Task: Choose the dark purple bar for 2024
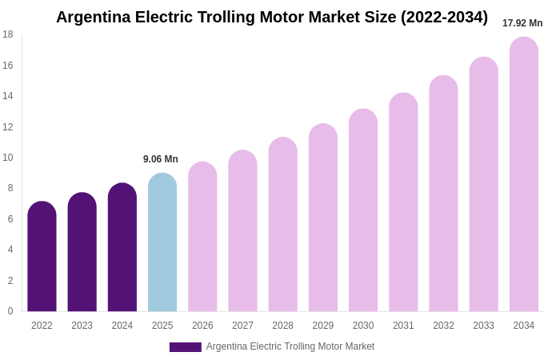click(x=122, y=247)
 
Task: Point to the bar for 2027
click(x=242, y=231)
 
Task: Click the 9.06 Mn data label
click(x=161, y=159)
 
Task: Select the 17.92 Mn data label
click(x=522, y=23)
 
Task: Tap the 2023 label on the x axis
click(x=82, y=326)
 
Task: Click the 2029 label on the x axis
click(x=323, y=326)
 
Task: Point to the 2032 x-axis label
click(x=443, y=326)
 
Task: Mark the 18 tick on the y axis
click(x=8, y=34)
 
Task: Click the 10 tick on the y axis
click(x=8, y=158)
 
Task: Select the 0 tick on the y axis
click(x=10, y=311)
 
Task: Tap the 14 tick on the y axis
click(x=8, y=96)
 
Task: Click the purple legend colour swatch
click(x=185, y=347)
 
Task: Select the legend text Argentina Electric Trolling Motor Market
click(x=290, y=346)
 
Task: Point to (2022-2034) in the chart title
click(x=444, y=17)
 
